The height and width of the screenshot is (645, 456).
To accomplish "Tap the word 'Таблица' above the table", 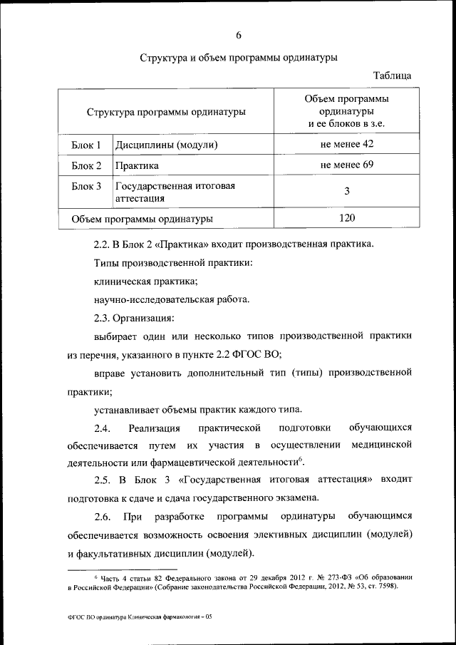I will coord(392,76).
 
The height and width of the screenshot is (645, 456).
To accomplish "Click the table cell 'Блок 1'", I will coord(86,145).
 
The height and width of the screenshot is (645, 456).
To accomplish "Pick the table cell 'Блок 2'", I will coord(86,166).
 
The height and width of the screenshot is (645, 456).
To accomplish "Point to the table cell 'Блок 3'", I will coord(86,186).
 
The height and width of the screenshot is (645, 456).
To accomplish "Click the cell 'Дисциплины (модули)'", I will coord(166,145).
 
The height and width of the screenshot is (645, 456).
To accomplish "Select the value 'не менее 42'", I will coord(347,145).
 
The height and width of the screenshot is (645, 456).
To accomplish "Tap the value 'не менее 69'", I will coord(347,165).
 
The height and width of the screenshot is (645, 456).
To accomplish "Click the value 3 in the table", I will coord(347,192).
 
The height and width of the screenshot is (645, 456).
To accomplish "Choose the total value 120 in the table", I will coord(347,218).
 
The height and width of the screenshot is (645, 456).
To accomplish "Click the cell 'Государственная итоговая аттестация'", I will coord(175,192).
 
